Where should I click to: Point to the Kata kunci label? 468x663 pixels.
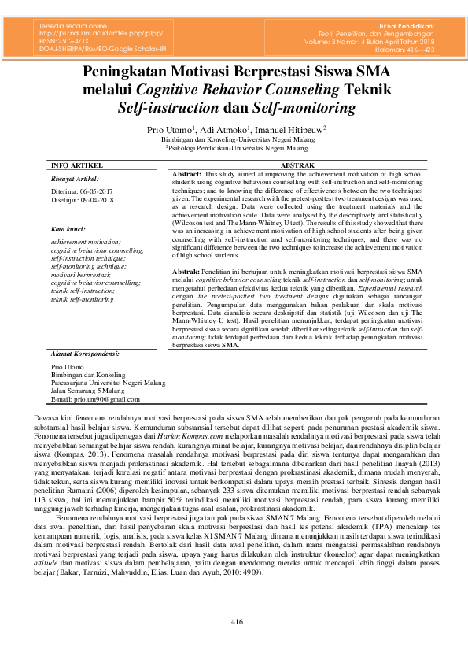68,230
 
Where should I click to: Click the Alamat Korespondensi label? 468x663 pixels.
84,354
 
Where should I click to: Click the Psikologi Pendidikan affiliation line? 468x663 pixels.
237,147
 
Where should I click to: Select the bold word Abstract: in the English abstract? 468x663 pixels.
187,172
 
